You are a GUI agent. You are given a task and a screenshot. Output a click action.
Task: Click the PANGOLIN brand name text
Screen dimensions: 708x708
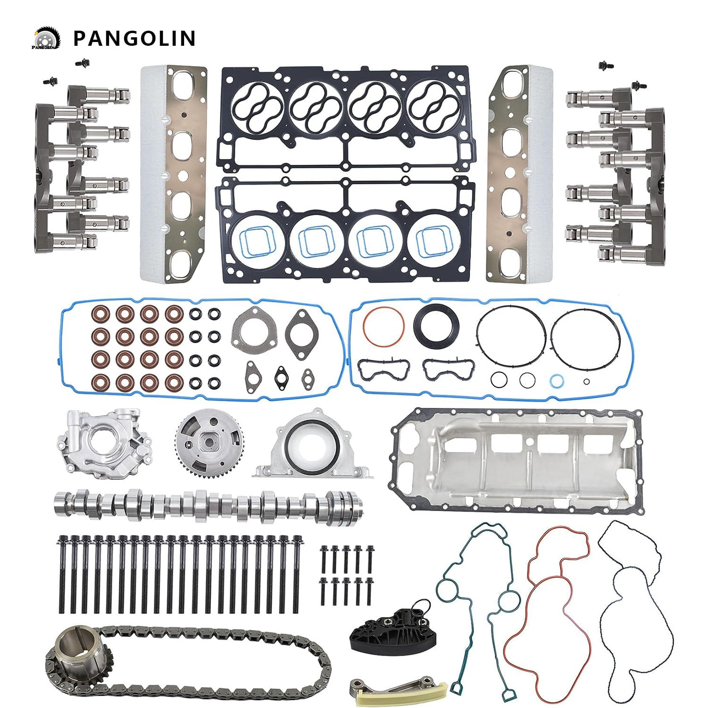(x=134, y=38)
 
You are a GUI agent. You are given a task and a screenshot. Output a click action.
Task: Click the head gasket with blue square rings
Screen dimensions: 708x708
(x=345, y=231)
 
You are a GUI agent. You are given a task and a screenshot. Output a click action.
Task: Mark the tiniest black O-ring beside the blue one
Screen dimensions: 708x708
(x=586, y=382)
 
